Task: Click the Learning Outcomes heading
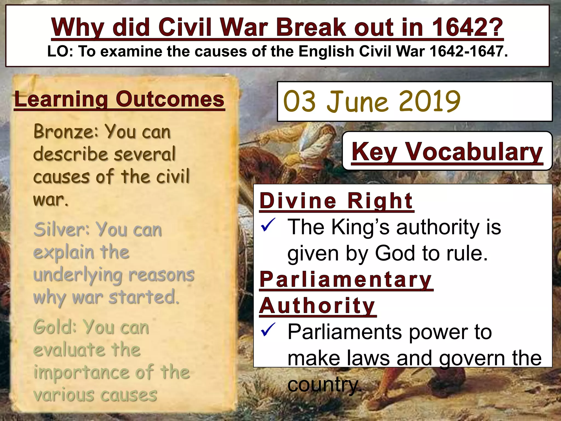coord(119,99)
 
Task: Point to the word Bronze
coord(65,132)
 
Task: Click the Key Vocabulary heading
coord(447,152)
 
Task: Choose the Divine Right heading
coord(336,201)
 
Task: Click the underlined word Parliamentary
coord(346,280)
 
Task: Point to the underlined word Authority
coord(317,306)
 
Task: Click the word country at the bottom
coord(323,385)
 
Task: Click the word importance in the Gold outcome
coord(81,372)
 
